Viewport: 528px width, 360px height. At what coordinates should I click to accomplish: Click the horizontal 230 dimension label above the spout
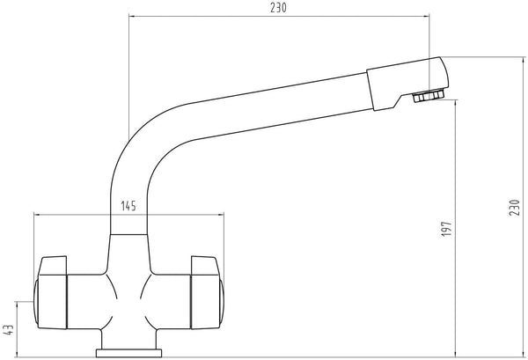pyautogui.click(x=278, y=8)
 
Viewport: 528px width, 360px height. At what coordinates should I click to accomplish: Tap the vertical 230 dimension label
pyautogui.click(x=515, y=208)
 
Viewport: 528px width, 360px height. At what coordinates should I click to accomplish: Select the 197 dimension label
pyautogui.click(x=446, y=229)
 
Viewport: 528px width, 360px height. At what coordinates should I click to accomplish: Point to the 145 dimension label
pyautogui.click(x=128, y=206)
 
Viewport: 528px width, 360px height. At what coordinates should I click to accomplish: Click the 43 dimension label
pyautogui.click(x=8, y=330)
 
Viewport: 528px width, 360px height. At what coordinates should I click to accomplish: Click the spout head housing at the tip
pyautogui.click(x=407, y=84)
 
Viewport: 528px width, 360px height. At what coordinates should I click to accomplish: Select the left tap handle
pyautogui.click(x=50, y=292)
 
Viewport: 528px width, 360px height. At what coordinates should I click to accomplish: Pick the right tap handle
pyautogui.click(x=207, y=292)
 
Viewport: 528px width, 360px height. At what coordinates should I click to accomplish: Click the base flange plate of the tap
pyautogui.click(x=129, y=353)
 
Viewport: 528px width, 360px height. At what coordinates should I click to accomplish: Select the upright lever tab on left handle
pyautogui.click(x=53, y=265)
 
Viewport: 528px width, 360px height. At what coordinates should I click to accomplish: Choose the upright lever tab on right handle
pyautogui.click(x=205, y=265)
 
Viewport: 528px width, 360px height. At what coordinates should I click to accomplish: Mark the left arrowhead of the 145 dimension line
pyautogui.click(x=37, y=214)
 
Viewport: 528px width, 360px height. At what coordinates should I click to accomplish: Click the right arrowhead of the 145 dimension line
pyautogui.click(x=221, y=214)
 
